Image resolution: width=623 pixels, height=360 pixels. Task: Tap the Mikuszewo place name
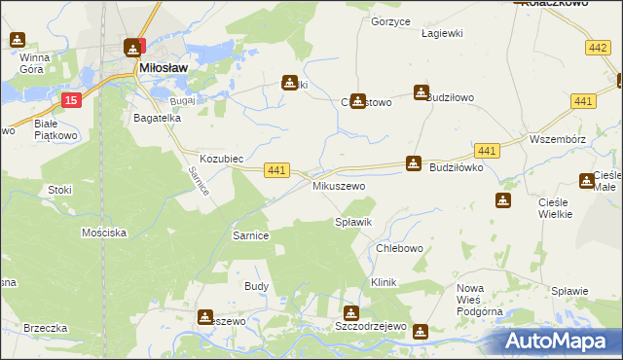point(338,185)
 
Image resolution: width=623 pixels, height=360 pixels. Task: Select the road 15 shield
point(70,100)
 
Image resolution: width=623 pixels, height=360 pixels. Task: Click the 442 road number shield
point(599,47)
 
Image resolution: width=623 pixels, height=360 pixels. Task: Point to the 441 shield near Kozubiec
point(276,170)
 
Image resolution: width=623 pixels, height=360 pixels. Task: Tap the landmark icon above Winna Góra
point(18,40)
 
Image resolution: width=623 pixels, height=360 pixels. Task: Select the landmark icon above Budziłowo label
point(421,93)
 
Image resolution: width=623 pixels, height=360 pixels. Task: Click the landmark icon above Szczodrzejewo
point(350,313)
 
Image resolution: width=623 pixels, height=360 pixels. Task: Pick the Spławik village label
point(353,223)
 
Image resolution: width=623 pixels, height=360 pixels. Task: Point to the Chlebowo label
point(399,248)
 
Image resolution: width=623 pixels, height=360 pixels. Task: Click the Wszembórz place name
point(557,139)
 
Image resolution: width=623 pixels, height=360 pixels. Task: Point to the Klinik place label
point(384,281)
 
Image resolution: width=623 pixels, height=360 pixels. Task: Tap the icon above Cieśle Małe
point(587,180)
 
